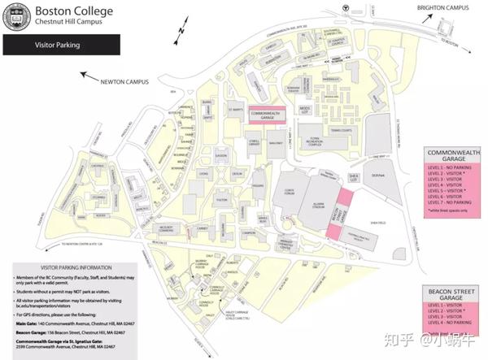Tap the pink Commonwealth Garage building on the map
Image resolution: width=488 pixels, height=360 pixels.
click(x=268, y=115)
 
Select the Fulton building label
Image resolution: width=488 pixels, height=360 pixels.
click(x=220, y=199)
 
